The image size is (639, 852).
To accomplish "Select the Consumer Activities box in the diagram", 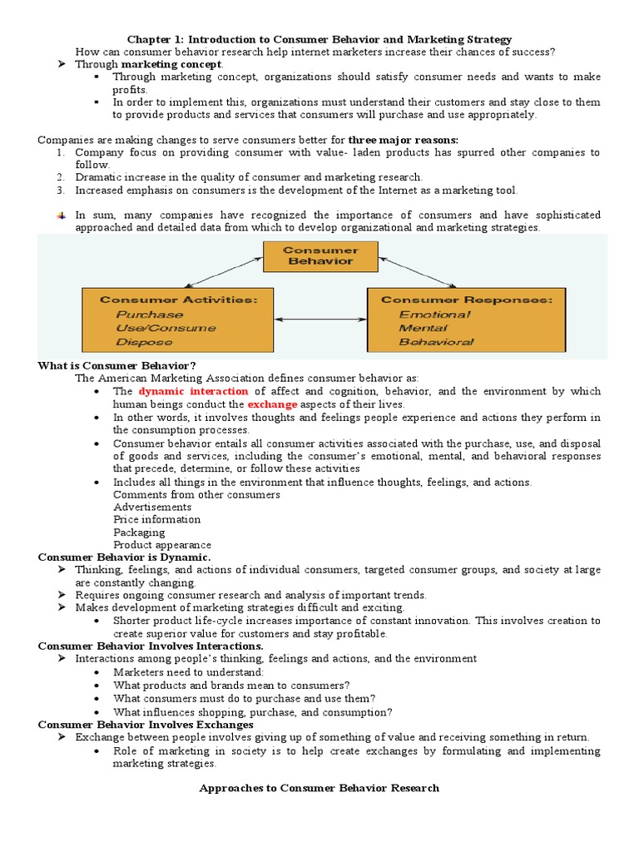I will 176,319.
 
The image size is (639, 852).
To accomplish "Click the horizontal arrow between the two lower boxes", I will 320,319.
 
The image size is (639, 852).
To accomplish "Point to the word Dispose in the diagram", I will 139,341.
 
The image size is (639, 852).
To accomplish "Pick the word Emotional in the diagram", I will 434,315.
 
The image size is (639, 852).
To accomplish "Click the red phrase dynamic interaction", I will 193,391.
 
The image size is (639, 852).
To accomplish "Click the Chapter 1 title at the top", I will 319,39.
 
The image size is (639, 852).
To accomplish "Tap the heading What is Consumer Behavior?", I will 117,365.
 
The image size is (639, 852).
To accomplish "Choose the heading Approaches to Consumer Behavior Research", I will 319,788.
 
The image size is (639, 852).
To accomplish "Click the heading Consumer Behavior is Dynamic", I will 125,557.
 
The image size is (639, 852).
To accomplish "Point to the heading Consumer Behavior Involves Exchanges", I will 146,725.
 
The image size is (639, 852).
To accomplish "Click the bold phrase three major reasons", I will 403,140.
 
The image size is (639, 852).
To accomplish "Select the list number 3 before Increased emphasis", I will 61,191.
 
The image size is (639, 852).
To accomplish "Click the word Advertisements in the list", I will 152,507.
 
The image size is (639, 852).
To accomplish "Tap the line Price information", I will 157,519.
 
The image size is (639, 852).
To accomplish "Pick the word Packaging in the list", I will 139,532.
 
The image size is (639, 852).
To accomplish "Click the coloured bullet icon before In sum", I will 61,215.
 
